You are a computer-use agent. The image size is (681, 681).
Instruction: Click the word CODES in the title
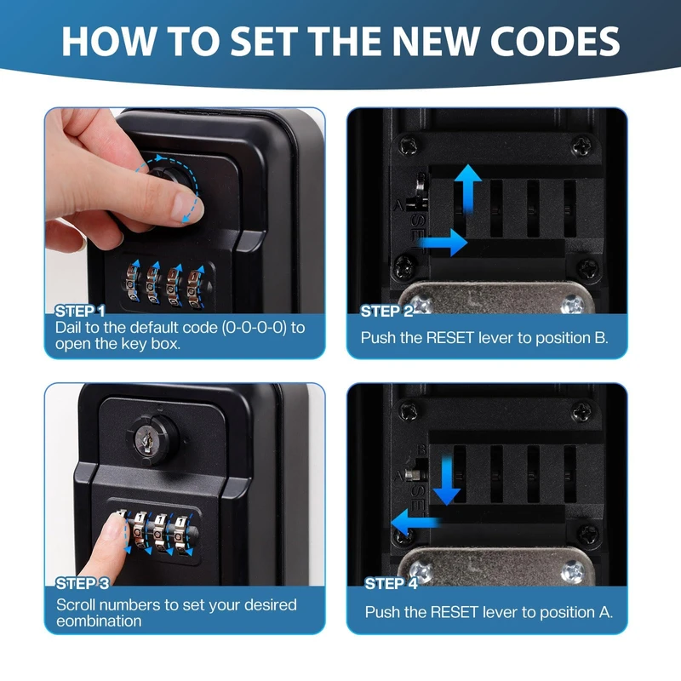(x=555, y=42)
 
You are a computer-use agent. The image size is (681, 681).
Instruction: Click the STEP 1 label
(x=80, y=311)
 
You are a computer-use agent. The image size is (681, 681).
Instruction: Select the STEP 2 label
(x=387, y=311)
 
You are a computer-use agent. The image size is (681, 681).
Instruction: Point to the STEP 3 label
(x=83, y=584)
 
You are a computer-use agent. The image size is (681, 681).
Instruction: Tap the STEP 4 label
(x=391, y=584)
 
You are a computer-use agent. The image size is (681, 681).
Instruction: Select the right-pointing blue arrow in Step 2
(x=443, y=243)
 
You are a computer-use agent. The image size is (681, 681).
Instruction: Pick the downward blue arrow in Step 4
(x=446, y=481)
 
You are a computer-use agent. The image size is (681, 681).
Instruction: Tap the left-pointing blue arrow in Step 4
(x=416, y=522)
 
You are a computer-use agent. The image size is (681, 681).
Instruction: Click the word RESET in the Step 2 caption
(x=449, y=338)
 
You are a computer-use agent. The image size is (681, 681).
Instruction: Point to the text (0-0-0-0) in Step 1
(x=255, y=328)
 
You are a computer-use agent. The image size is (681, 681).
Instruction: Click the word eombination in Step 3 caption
(x=99, y=621)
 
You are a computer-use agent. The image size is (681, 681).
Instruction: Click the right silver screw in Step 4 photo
(x=573, y=571)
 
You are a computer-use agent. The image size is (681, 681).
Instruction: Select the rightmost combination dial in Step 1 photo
(x=195, y=288)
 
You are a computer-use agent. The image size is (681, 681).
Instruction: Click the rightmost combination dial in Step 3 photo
(x=180, y=535)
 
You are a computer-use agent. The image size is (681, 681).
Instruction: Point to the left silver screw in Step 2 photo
(x=421, y=304)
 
